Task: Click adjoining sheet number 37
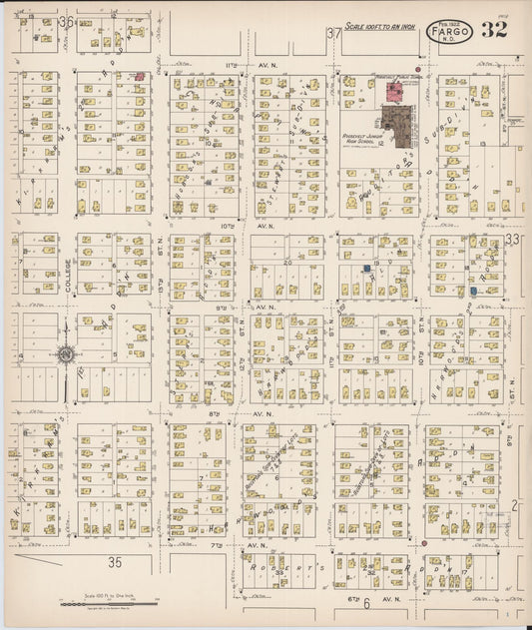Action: (333, 35)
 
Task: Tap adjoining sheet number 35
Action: (116, 562)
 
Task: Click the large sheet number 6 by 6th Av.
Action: (366, 602)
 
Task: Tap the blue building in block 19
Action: (367, 269)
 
